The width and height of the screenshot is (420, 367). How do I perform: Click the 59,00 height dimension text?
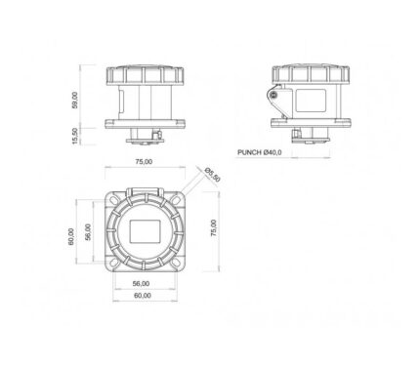tap(75, 100)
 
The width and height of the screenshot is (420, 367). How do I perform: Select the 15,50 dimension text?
tap(75, 136)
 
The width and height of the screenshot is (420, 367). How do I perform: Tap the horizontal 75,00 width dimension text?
tap(144, 161)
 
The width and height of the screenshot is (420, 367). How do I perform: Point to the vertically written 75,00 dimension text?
tap(214, 227)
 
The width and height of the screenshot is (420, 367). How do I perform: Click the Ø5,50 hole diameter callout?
tap(213, 175)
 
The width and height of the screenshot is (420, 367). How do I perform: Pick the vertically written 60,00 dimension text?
tap(70, 236)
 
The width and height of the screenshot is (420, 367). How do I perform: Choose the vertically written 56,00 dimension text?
tap(88, 232)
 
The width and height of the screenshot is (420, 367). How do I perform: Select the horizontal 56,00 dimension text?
tap(141, 284)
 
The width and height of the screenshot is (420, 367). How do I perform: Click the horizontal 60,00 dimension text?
tap(143, 296)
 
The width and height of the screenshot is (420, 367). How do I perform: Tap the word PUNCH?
tap(249, 152)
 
